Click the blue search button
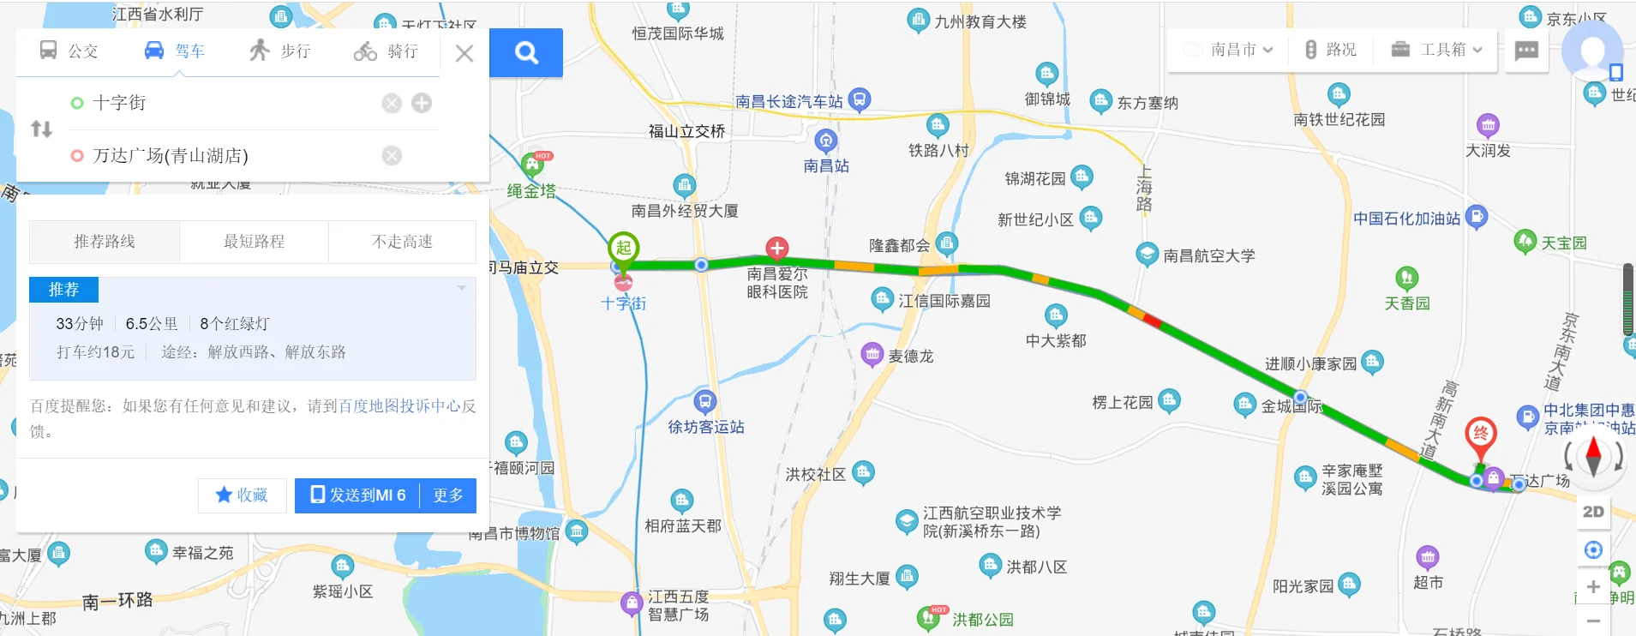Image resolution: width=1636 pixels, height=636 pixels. tap(526, 53)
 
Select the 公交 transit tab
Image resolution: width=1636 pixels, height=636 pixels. tap(69, 51)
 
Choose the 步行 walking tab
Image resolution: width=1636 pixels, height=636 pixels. tap(280, 51)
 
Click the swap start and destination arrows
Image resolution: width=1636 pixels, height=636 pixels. tap(41, 129)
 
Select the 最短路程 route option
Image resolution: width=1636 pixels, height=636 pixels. tap(254, 242)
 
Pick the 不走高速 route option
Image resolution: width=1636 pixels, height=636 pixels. tap(402, 242)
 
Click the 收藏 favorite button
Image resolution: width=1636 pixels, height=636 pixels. tap(242, 495)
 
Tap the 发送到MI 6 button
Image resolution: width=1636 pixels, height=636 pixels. tap(357, 495)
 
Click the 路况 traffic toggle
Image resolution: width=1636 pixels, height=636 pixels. tap(1331, 50)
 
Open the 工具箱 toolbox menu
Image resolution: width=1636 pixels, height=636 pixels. tap(1436, 50)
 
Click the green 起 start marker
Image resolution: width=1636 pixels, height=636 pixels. tap(623, 249)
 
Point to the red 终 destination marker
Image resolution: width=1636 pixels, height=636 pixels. tap(1480, 434)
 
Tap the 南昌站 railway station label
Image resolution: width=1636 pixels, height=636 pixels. tap(826, 165)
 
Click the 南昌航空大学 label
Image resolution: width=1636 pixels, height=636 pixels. tap(1208, 255)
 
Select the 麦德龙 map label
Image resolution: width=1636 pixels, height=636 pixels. tap(910, 356)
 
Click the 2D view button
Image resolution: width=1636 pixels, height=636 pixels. tap(1593, 512)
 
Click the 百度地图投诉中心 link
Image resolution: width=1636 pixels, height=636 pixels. tap(399, 406)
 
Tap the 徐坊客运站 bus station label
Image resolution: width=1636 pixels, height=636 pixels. tap(705, 426)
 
